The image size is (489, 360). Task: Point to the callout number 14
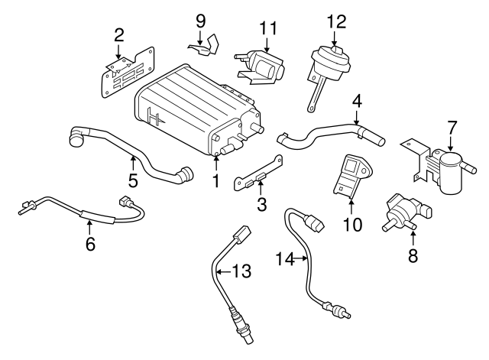pos(284,260)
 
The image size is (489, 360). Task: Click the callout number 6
pos(89,244)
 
